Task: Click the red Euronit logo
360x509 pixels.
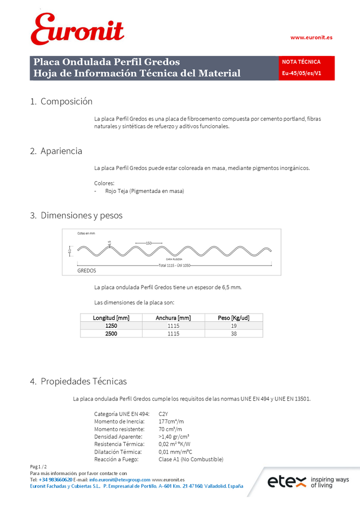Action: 77,29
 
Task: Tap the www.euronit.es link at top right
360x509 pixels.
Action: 311,38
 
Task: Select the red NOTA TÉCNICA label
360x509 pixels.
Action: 301,62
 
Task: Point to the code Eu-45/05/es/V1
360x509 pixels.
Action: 301,73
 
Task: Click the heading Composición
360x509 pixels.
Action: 66,101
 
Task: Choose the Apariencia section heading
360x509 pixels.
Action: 61,151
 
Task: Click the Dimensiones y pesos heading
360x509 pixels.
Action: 81,215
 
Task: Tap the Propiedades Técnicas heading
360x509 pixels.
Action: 84,381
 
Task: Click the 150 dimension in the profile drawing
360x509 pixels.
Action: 149,243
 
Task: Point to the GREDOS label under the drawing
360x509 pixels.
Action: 87,271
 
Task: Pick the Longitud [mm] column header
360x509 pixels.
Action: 111,318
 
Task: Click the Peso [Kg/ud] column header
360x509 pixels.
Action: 233,318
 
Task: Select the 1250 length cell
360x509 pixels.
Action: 111,325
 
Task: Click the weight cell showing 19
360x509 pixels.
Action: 233,325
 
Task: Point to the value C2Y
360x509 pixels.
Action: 163,414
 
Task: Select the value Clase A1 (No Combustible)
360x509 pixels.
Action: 191,460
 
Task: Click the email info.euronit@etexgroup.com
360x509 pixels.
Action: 120,479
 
